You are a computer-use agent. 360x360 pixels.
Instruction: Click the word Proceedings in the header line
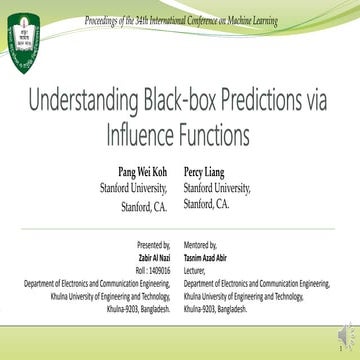pyautogui.click(x=108, y=19)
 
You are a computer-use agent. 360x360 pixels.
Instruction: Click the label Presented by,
pyautogui.click(x=153, y=244)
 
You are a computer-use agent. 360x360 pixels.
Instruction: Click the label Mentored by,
pyautogui.click(x=204, y=244)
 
